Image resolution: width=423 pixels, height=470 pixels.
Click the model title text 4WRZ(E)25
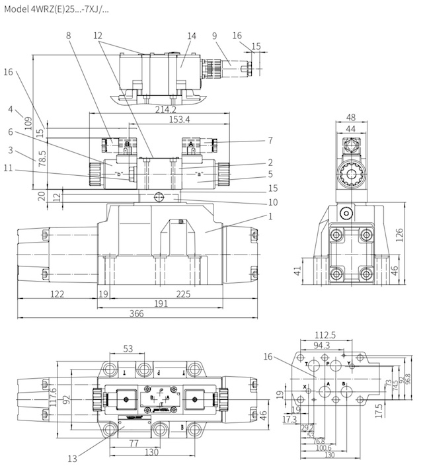[x=56, y=10]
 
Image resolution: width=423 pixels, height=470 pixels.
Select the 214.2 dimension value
[x=165, y=109]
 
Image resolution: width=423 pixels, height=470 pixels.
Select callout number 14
[x=192, y=36]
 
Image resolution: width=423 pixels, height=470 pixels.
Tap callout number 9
[x=214, y=36]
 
